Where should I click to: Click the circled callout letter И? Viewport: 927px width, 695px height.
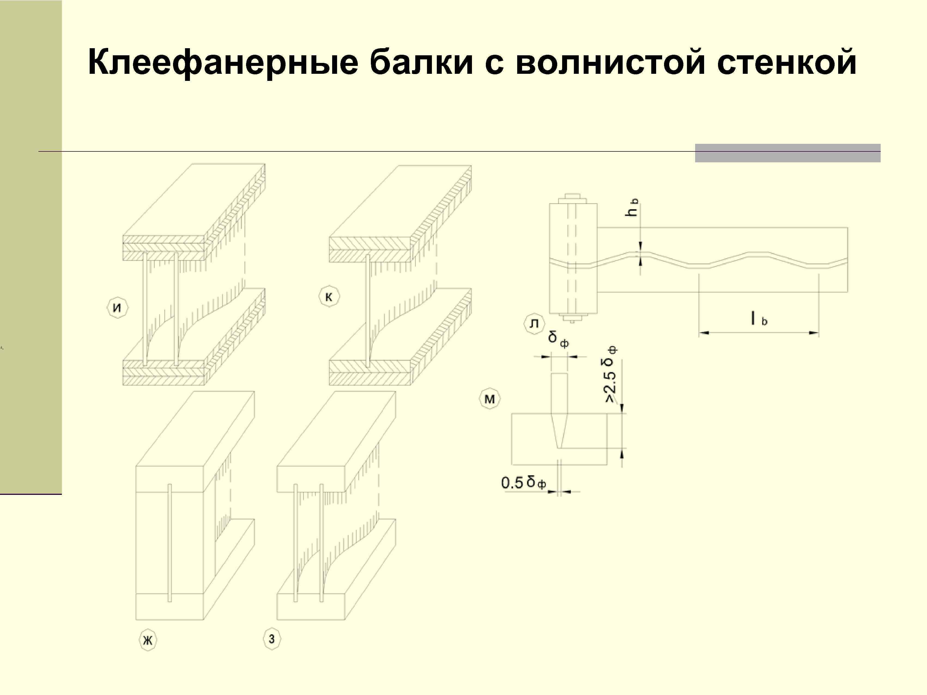(117, 308)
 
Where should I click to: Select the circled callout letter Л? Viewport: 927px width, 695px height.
(534, 324)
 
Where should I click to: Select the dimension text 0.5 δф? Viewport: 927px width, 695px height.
(524, 483)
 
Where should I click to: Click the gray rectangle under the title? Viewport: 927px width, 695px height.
(787, 153)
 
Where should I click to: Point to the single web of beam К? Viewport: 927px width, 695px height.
(368, 310)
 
